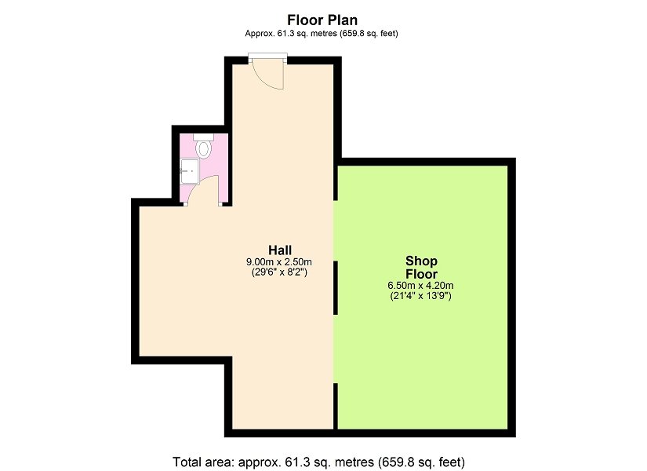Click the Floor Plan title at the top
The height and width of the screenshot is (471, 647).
click(322, 20)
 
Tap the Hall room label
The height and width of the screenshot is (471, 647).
click(280, 250)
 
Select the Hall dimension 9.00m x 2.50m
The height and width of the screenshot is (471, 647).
click(279, 262)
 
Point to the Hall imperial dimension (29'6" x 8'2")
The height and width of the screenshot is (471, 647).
click(279, 272)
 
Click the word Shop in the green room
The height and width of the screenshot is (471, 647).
click(421, 261)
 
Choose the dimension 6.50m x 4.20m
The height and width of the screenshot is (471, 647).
click(420, 286)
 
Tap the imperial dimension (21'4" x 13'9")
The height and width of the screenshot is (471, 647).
click(420, 296)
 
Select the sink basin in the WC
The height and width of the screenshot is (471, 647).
click(190, 171)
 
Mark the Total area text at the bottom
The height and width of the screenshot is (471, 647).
click(318, 462)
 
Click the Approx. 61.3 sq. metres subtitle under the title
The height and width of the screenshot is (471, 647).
click(322, 34)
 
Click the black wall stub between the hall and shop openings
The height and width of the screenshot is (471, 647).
click(336, 287)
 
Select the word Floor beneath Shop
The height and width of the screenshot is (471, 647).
click(421, 274)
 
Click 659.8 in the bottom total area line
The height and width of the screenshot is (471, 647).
click(396, 462)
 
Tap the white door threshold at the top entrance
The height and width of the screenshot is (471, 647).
click(267, 55)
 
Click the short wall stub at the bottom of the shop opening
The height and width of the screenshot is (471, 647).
click(336, 406)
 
